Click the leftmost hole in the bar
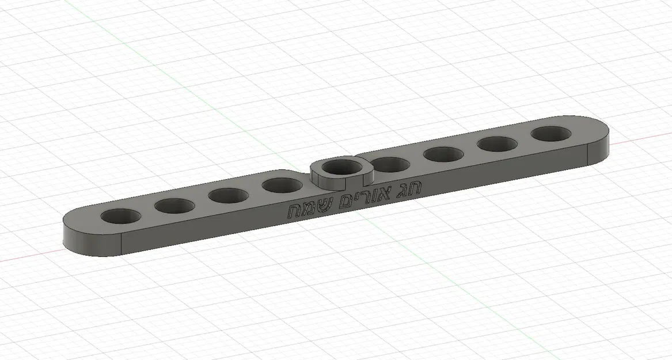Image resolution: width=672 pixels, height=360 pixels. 120,217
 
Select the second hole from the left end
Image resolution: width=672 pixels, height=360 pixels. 174,205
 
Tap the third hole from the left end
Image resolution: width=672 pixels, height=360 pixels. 228,195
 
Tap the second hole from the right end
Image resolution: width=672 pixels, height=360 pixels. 496,144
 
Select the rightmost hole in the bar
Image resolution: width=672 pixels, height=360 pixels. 551,134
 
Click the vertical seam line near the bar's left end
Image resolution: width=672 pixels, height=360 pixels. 122,244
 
